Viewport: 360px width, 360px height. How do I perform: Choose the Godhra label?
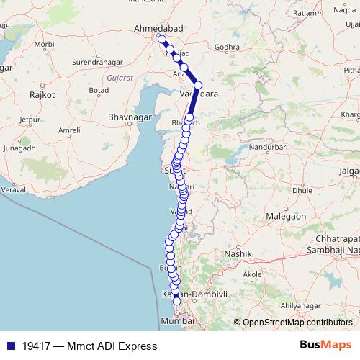coord(226,47)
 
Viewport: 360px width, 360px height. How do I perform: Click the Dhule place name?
coord(302,191)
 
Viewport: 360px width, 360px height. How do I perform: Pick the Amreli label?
coord(69,130)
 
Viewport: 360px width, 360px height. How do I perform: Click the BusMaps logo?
coord(325,346)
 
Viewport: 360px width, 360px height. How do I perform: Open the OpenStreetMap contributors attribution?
coord(297,323)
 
